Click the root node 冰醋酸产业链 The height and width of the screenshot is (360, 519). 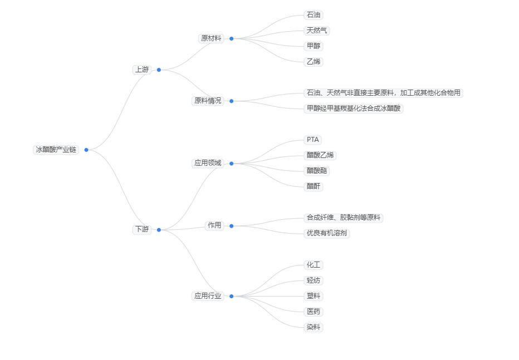pos(56,150)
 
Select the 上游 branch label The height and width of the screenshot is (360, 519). pos(141,70)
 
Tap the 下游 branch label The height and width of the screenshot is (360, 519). pos(141,229)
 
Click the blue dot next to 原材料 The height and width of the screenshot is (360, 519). pos(232,39)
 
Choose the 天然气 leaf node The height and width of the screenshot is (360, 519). pos(317,31)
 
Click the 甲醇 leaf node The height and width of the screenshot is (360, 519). pos(314,46)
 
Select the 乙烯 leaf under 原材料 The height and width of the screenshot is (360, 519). pos(314,62)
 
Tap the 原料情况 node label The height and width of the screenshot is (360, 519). pos(207,101)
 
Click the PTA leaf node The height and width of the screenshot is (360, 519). pos(313,140)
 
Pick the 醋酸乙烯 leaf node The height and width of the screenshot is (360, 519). pos(321,155)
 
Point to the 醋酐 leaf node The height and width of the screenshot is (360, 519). pos(314,186)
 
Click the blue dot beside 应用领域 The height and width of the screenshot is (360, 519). pos(232,164)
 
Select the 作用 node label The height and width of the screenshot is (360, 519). pos(214,225)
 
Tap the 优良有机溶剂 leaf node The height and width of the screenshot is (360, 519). pos(327,233)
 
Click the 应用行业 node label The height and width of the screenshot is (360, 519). pos(207,296)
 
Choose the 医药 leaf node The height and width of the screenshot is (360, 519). pos(314,312)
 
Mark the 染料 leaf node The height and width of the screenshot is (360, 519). pos(314,327)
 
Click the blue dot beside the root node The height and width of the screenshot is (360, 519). pos(86,150)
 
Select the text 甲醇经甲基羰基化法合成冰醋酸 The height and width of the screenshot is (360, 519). pos(354,109)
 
